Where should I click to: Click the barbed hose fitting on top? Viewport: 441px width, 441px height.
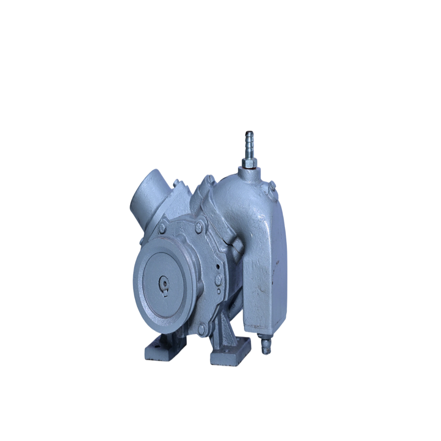click(250, 141)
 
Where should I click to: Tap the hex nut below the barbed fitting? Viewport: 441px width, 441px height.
click(249, 164)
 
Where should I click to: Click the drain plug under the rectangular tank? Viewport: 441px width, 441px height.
click(265, 347)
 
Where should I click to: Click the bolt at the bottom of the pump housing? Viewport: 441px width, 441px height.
click(202, 329)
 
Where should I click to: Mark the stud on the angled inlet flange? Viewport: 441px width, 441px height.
click(176, 182)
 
